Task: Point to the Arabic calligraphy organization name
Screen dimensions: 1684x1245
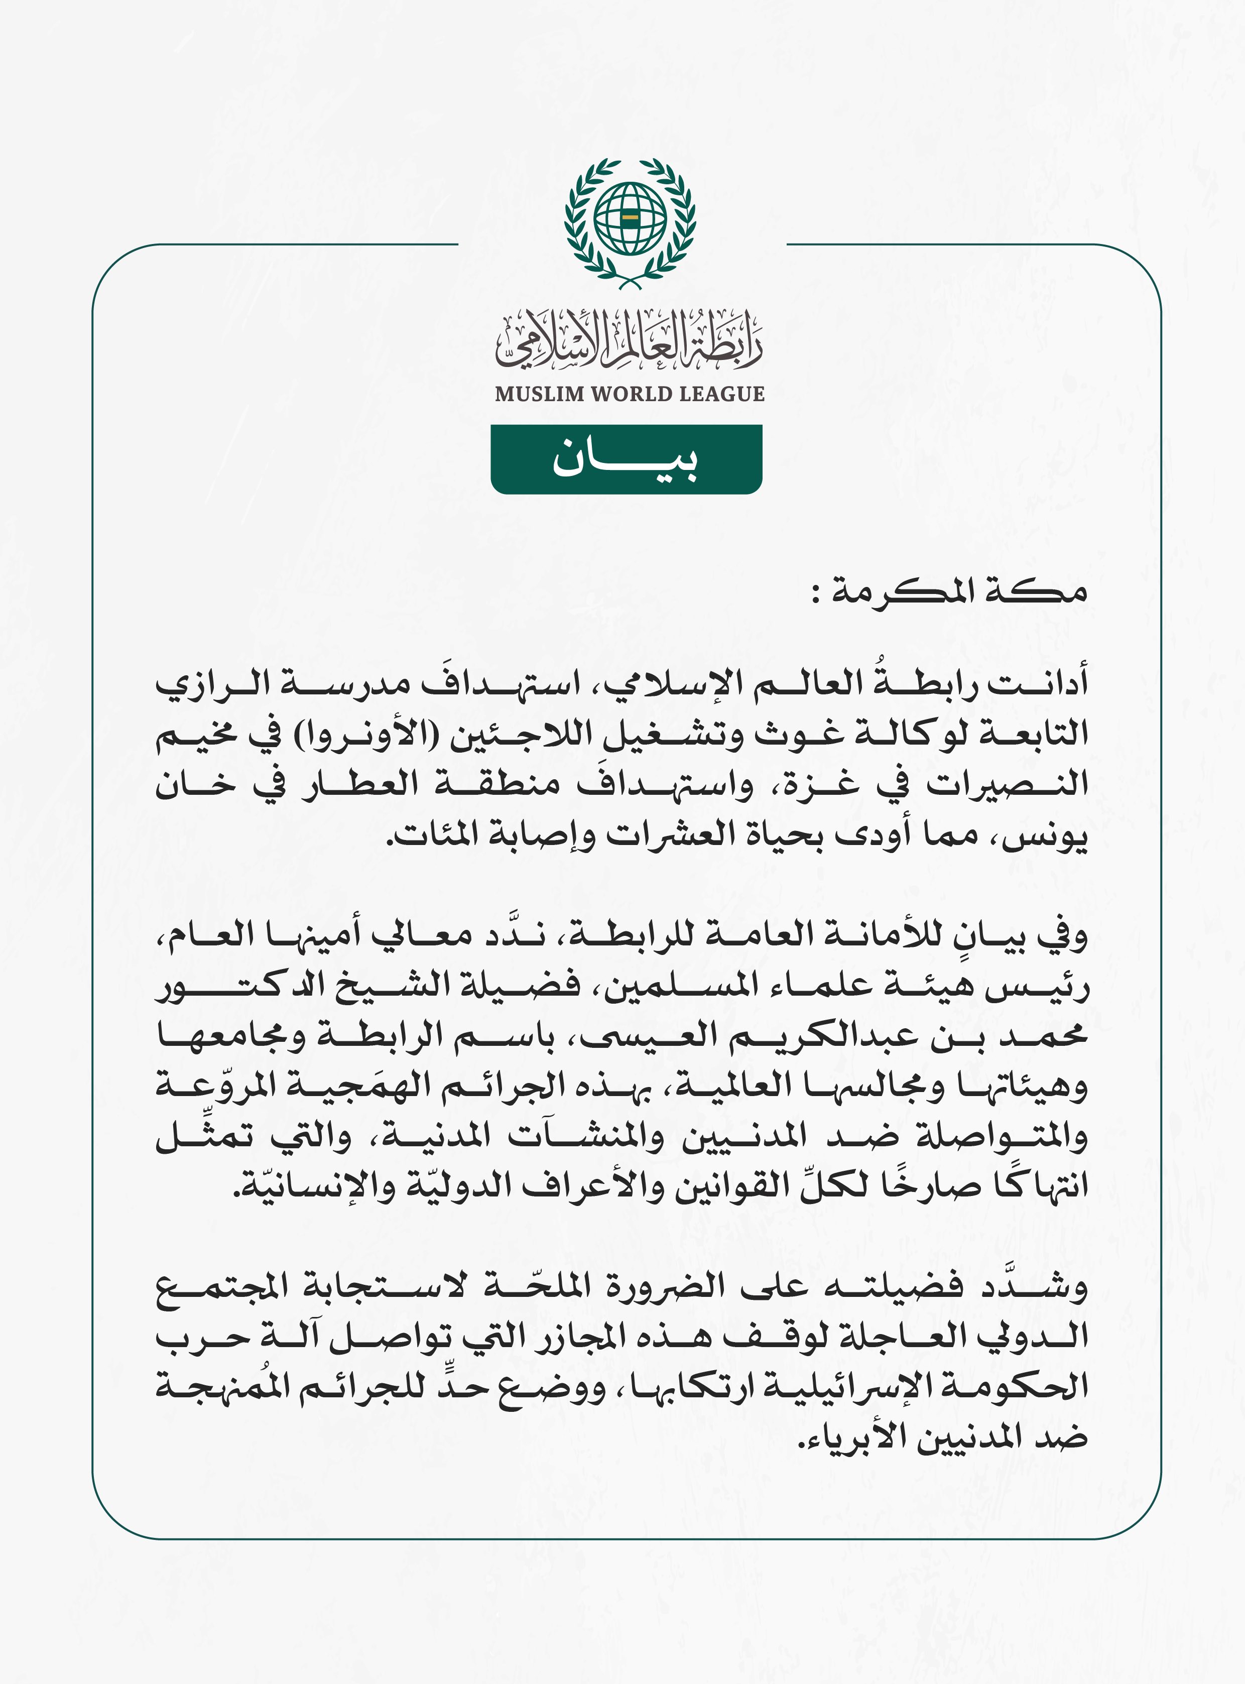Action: pos(630,343)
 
